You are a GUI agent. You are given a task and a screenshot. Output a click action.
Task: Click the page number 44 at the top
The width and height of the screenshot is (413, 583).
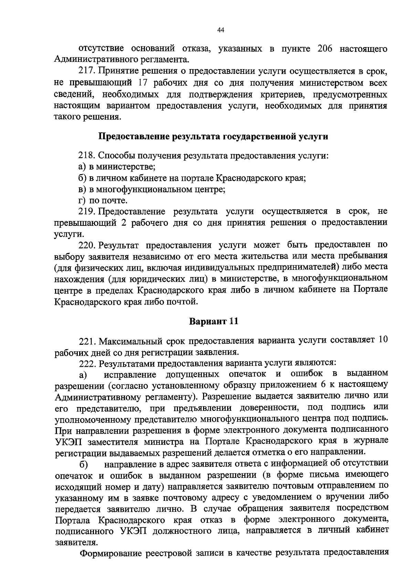pyautogui.click(x=221, y=30)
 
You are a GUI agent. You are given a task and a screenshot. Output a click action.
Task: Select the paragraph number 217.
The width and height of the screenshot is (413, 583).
pyautogui.click(x=86, y=71)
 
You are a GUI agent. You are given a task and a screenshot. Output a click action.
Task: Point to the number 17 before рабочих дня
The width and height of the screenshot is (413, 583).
pyautogui.click(x=143, y=83)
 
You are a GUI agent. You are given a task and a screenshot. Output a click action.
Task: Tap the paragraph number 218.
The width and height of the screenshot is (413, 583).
pyautogui.click(x=86, y=155)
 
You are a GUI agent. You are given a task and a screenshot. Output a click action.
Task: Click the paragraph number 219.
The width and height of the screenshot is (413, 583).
pyautogui.click(x=86, y=211)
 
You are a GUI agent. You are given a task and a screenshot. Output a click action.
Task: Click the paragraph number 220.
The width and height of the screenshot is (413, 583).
pyautogui.click(x=86, y=245)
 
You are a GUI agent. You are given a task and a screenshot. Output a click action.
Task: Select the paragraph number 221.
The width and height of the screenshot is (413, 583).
pyautogui.click(x=86, y=341)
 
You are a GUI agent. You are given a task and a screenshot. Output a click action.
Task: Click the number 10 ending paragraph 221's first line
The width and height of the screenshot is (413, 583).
pyautogui.click(x=383, y=340)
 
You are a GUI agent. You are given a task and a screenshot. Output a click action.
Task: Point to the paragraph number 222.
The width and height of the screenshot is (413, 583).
pyautogui.click(x=86, y=363)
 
